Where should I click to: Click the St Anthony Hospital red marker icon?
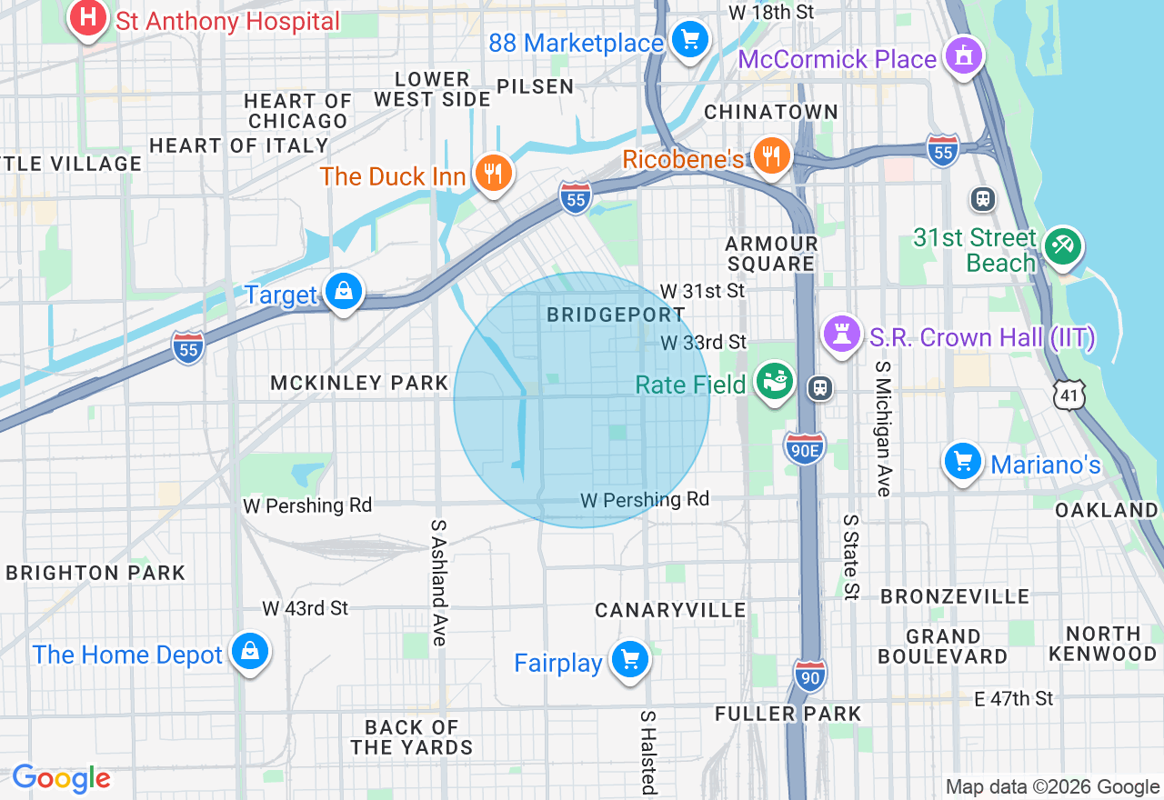tap(87, 18)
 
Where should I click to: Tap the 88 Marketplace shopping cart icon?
tap(690, 39)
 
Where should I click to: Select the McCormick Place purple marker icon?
tap(963, 55)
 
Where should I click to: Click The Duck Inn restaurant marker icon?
tap(493, 173)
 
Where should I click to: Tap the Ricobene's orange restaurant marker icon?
tap(771, 156)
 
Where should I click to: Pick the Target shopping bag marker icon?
tap(344, 292)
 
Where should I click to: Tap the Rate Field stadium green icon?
tap(776, 382)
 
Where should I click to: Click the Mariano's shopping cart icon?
tap(963, 462)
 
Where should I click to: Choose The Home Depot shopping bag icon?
tap(248, 652)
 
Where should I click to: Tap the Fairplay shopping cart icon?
tap(629, 660)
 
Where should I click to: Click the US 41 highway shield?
tap(1070, 395)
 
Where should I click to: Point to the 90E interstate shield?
tap(805, 448)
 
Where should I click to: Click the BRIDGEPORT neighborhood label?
tap(616, 315)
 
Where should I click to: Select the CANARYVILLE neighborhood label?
tap(670, 610)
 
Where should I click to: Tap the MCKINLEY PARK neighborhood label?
tap(359, 384)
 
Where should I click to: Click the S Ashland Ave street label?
tap(439, 583)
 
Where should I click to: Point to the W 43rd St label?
tap(306, 608)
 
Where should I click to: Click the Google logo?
tap(61, 779)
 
